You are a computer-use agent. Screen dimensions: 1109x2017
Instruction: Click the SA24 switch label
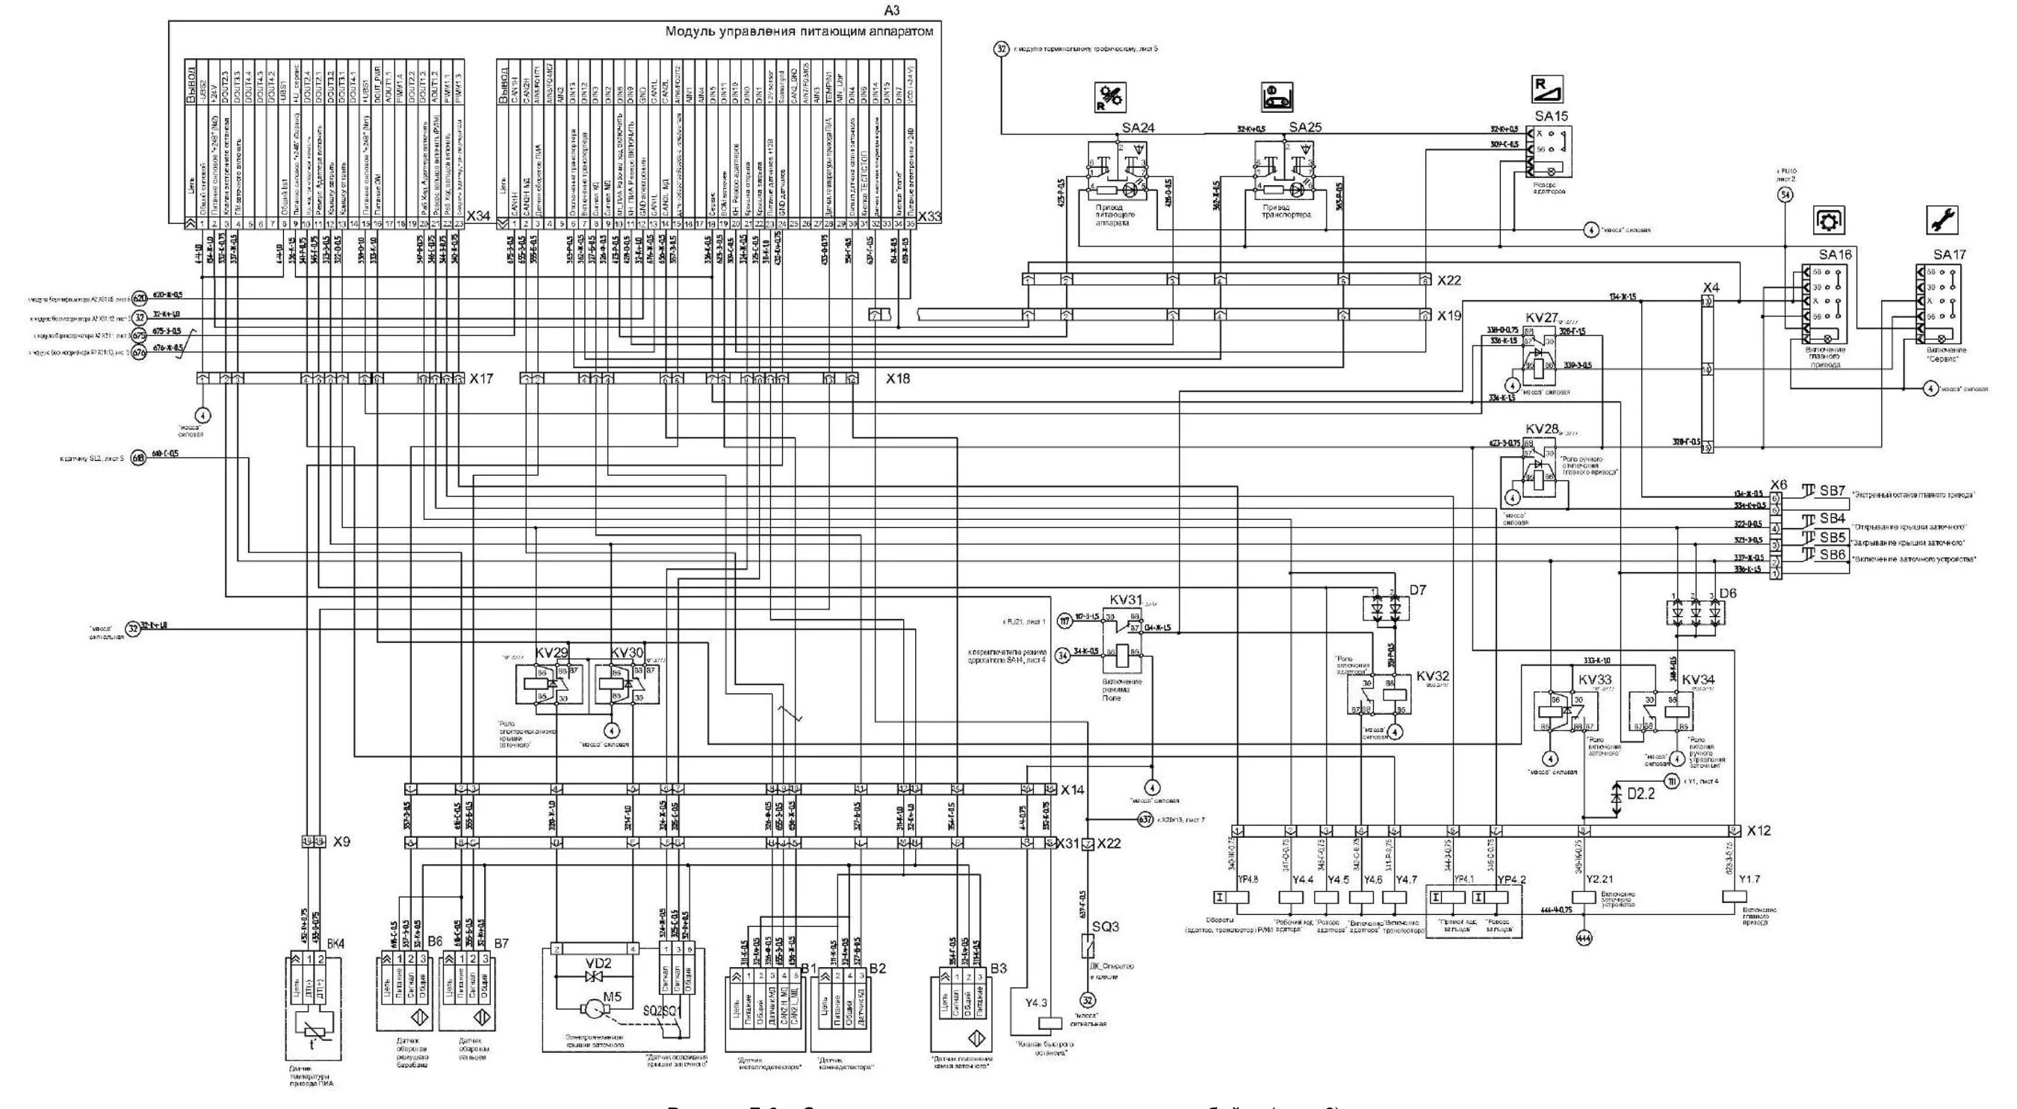coord(1138,128)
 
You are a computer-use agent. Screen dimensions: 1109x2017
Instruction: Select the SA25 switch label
coord(1304,128)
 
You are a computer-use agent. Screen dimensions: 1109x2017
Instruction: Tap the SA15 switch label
coord(1551,116)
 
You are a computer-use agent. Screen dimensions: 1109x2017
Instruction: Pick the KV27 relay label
coord(1542,317)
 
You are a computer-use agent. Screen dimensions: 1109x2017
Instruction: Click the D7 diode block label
coord(1417,589)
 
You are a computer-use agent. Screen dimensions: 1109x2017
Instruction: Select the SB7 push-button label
coord(1832,491)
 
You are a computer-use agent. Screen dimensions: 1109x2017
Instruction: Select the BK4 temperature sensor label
coord(335,944)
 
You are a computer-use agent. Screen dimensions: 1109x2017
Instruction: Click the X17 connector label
coord(481,379)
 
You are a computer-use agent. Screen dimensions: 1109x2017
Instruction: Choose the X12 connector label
coord(1759,830)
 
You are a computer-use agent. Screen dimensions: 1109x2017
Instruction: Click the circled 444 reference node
coord(1583,937)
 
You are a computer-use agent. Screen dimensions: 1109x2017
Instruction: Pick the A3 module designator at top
coord(892,10)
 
